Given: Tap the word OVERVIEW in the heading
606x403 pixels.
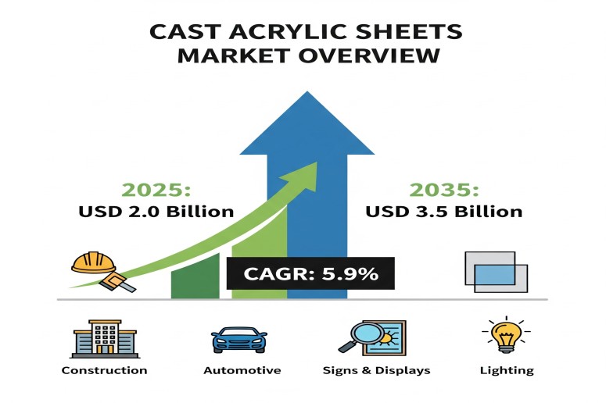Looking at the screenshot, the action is pos(369,55).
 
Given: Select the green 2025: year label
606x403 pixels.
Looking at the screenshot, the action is pos(156,190).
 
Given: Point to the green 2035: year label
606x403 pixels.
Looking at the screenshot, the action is pos(443,190).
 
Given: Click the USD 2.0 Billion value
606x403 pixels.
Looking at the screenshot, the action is pos(156,212).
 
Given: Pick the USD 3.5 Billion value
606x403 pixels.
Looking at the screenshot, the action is pos(443,212).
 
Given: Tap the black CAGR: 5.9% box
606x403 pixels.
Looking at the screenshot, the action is pos(310,273).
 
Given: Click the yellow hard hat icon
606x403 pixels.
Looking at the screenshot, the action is pos(94,262).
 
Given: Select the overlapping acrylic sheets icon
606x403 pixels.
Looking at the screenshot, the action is pos(497,272).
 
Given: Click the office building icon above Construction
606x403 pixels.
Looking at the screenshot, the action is pos(105,339).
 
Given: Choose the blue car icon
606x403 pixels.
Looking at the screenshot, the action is pos(239,340).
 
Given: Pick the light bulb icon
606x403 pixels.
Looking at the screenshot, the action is pos(506,334).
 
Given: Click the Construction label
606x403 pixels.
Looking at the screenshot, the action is pos(104,370).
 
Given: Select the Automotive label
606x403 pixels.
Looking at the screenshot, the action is pos(242,370).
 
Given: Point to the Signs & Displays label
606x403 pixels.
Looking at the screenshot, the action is pos(376,370).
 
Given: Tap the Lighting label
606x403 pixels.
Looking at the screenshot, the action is pos(507,371).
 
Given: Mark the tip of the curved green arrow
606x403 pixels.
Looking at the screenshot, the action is pos(317,162).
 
